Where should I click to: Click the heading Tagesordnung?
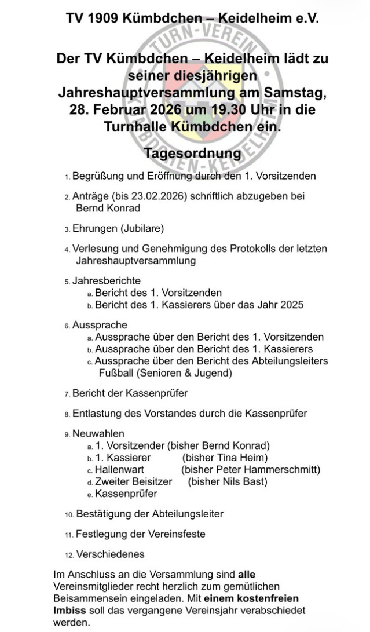tap(192, 154)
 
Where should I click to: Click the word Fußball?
tap(116, 373)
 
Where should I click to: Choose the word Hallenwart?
tap(119, 469)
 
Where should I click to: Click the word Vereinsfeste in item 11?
tap(178, 534)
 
